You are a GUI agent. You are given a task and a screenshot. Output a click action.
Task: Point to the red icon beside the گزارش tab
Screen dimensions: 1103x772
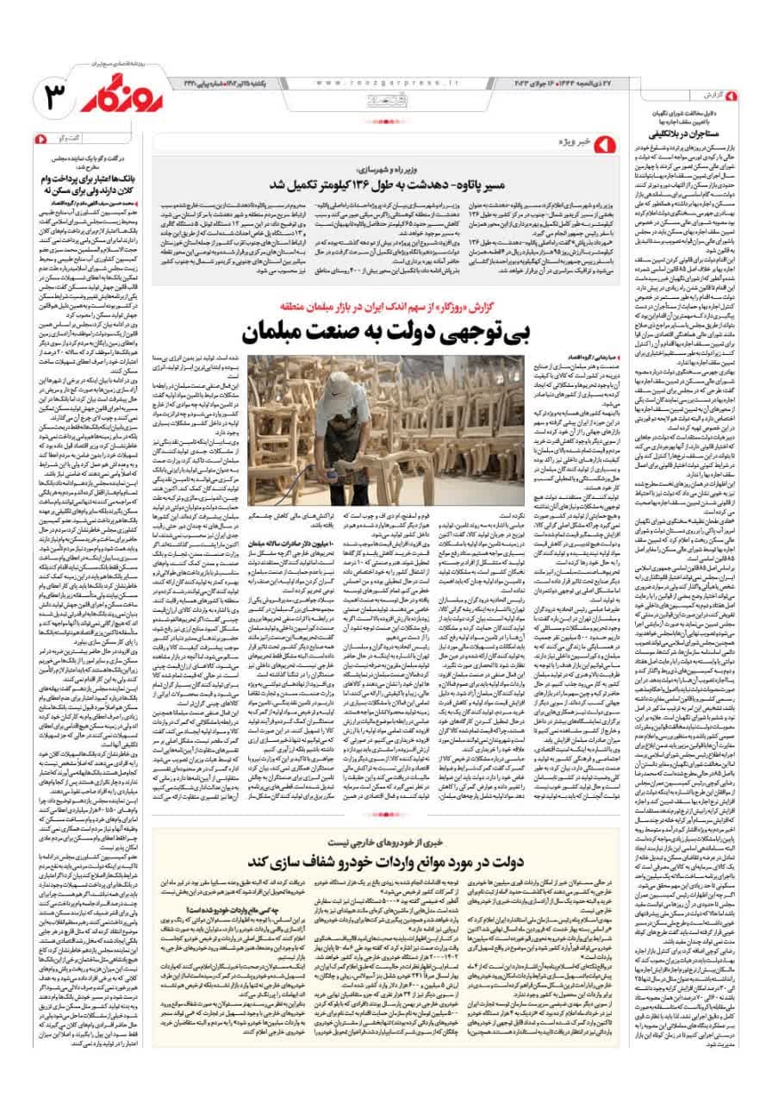(x=732, y=95)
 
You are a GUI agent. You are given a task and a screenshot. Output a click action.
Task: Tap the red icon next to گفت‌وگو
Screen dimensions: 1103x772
(x=42, y=139)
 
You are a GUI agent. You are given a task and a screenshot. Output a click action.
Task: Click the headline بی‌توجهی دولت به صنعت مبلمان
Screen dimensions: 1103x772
(x=406, y=333)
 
